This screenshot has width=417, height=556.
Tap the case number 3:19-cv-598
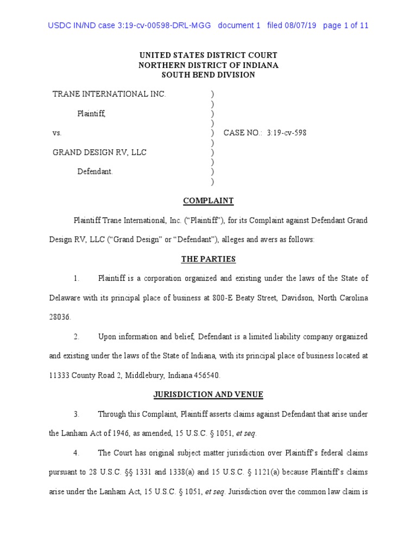[286, 132]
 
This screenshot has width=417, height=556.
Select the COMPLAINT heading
[208, 201]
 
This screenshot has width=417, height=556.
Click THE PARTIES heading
[208, 260]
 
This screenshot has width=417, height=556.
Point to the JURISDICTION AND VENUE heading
[208, 395]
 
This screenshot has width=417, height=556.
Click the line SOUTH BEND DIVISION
[208, 75]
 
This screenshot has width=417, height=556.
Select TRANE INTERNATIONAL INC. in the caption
[109, 94]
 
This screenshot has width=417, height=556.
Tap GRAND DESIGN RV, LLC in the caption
[99, 153]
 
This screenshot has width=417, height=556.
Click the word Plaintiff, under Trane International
[91, 113]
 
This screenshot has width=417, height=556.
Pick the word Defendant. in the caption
[95, 172]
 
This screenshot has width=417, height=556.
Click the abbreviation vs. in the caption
[56, 133]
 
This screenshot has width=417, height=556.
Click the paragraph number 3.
[77, 414]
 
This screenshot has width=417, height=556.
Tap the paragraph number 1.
[77, 279]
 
